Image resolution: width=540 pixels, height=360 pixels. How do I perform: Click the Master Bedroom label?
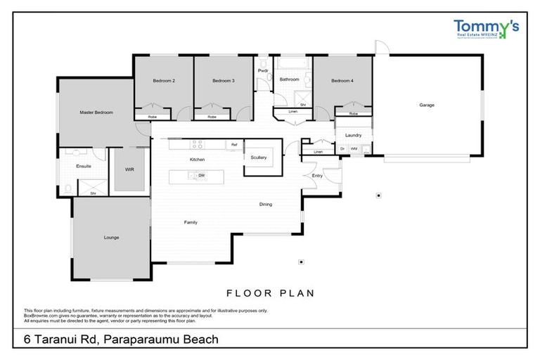pos(96,112)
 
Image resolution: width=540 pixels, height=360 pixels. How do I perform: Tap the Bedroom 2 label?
pos(164,81)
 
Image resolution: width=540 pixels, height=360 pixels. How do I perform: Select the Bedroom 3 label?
pos(224,81)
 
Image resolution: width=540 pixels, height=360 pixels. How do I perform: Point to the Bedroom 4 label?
pos(342,81)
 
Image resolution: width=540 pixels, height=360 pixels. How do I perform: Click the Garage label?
pos(427,105)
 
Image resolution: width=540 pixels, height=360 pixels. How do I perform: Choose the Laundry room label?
pos(353,135)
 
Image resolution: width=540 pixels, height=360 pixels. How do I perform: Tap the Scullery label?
pos(259,157)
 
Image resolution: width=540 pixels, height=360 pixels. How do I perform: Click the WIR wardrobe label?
pos(129,169)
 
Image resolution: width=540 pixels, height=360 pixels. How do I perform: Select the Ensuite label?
pos(84,166)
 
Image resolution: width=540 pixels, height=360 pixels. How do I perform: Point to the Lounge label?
pos(111,238)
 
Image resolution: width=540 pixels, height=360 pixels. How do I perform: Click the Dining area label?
pos(265,205)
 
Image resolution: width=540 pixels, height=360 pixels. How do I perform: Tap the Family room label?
pos(191,222)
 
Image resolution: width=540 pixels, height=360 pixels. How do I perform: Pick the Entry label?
pos(317,175)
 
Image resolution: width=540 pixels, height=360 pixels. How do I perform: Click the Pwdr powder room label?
pos(264,71)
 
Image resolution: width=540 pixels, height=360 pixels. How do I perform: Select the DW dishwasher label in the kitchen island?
pos(201,175)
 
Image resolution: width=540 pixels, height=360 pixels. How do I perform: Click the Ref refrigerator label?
pos(234,144)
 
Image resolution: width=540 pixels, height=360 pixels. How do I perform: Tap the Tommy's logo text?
pos(485,26)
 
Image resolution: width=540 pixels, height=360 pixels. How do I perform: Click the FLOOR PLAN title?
pos(270,292)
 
